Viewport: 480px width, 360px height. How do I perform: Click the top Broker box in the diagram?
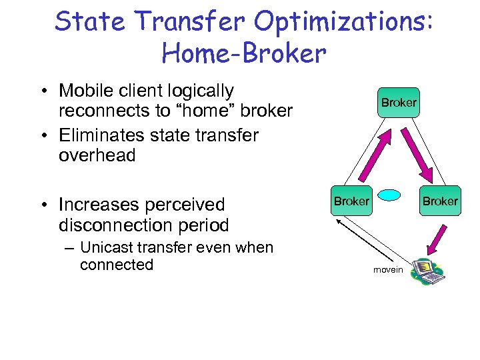coord(399,103)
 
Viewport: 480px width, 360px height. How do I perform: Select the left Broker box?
coord(351,201)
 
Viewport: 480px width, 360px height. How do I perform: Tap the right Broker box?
coord(441,201)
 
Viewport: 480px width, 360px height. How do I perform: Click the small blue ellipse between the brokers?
coord(390,195)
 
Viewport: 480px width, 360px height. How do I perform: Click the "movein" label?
coord(388,270)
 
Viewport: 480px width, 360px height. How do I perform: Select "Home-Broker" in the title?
coord(244,53)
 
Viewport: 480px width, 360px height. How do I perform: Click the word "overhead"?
coord(97,156)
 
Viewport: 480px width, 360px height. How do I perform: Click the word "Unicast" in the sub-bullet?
coord(107,247)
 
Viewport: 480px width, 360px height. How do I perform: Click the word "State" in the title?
coord(91,21)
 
